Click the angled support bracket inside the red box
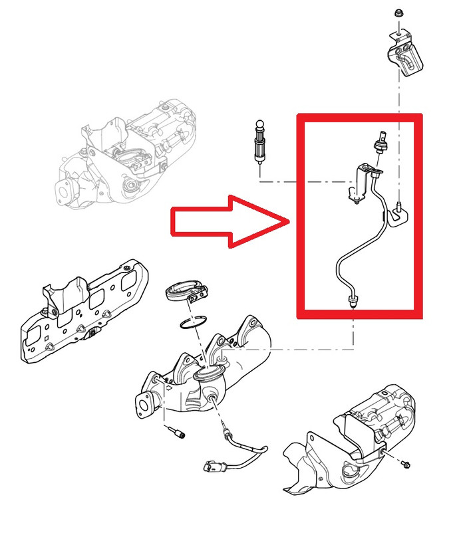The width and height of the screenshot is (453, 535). pyautogui.click(x=360, y=182)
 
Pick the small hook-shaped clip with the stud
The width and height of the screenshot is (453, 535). pyautogui.click(x=400, y=213)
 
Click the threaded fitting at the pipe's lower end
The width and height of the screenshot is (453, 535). pyautogui.click(x=350, y=302)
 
